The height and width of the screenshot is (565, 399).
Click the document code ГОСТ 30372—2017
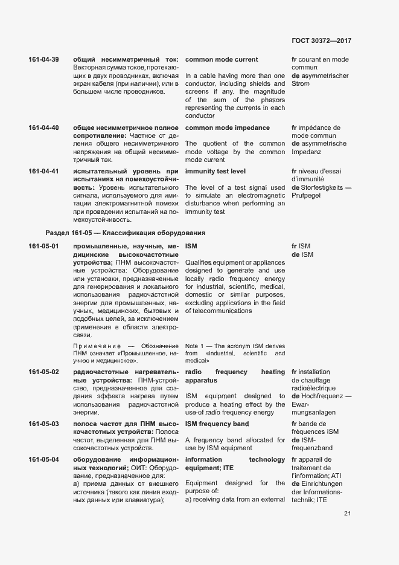coord(321,40)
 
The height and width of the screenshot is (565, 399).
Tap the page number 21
coord(348,514)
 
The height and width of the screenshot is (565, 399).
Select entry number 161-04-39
coord(43,60)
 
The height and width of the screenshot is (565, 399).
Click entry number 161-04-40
coord(43,128)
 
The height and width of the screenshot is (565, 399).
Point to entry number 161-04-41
coord(43,172)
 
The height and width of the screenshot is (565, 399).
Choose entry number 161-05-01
coord(43,247)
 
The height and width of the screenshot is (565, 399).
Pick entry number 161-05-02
coord(43,372)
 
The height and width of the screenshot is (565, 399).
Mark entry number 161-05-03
coord(43,424)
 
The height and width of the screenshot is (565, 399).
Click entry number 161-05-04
coord(43,460)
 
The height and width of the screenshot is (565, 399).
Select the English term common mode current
coord(222,60)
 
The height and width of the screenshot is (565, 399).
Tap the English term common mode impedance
coord(227,128)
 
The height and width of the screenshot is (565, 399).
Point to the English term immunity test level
coord(215,172)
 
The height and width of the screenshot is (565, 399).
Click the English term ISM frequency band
coord(216,424)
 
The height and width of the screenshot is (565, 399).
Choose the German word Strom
coord(301,83)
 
